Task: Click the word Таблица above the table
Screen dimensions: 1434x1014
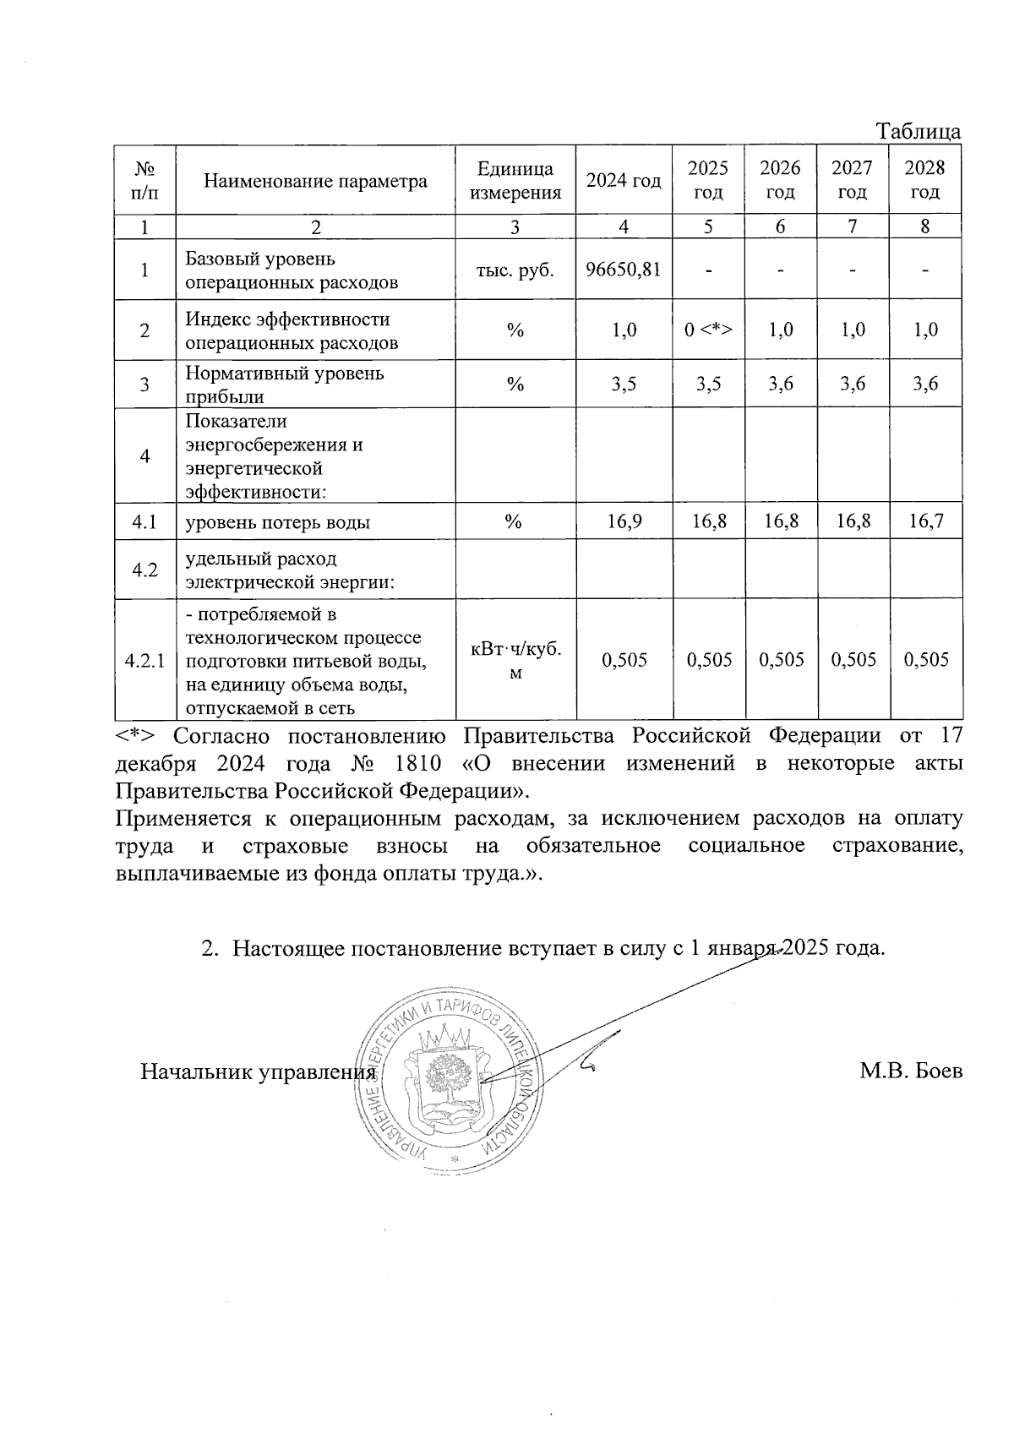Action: (x=918, y=132)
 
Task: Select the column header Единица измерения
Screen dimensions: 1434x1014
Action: (x=515, y=180)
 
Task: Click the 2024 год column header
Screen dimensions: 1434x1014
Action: (x=624, y=181)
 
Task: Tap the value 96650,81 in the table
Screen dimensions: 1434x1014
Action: (x=624, y=270)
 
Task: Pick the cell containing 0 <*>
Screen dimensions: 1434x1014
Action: (x=708, y=330)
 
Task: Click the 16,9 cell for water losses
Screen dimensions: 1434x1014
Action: (x=624, y=521)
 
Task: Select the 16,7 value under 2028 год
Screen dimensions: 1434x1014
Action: (x=925, y=521)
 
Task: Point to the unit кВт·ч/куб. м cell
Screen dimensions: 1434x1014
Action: (x=515, y=660)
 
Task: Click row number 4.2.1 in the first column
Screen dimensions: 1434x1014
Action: (x=144, y=660)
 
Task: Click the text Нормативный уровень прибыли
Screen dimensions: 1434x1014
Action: (x=284, y=384)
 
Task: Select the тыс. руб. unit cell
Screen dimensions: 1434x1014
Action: (x=515, y=270)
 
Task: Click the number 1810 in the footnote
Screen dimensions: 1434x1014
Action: (x=417, y=764)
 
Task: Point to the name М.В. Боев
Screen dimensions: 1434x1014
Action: (x=911, y=1071)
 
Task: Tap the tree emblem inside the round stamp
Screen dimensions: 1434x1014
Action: (x=449, y=1078)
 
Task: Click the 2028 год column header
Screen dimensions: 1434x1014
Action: (x=925, y=180)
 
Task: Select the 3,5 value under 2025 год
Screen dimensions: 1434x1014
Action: (x=708, y=384)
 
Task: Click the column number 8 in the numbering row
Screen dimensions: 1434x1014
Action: (x=925, y=226)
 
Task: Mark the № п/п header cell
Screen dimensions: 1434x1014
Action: (x=144, y=180)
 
